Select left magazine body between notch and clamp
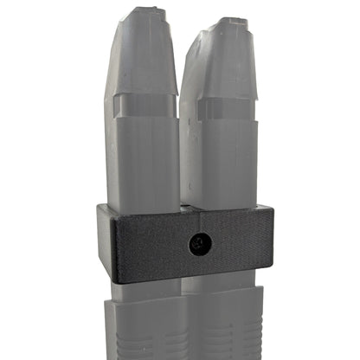click(x=143, y=164)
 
